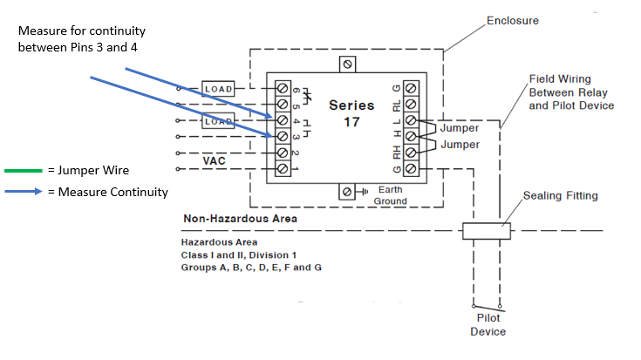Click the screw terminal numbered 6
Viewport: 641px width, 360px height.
[x=283, y=89]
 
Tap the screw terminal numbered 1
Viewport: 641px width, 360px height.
[x=283, y=168]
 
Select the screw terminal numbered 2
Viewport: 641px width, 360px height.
[x=283, y=153]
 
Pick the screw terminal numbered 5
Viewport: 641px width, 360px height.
[x=283, y=105]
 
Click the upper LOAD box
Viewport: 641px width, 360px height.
[x=217, y=89]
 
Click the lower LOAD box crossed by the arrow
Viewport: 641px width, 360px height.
[x=217, y=121]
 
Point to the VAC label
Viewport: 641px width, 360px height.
[x=215, y=161]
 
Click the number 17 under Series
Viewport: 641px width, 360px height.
[x=351, y=123]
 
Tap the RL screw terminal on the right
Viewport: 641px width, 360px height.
[x=410, y=105]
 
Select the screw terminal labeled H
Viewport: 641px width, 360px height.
[x=410, y=137]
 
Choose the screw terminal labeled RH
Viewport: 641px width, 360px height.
[x=410, y=153]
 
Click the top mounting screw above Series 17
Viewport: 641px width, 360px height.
[x=348, y=64]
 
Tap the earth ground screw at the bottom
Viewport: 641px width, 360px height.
[x=348, y=192]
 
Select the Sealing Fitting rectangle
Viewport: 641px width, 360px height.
[x=485, y=231]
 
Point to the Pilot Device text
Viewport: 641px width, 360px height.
[x=488, y=326]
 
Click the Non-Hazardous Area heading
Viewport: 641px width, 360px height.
[x=240, y=219]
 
